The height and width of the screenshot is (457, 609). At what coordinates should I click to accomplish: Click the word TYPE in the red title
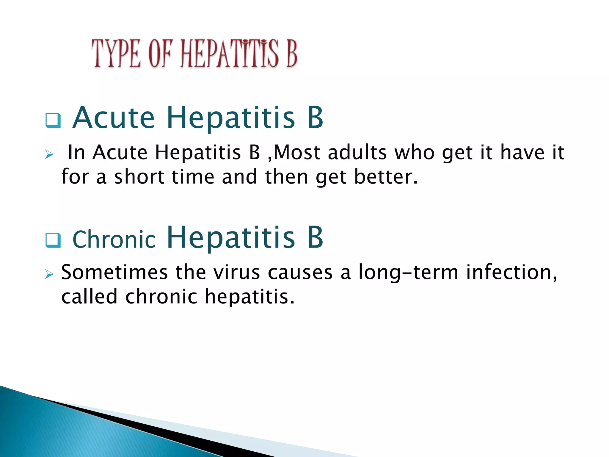(116, 54)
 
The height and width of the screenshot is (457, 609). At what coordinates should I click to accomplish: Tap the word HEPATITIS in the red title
(230, 54)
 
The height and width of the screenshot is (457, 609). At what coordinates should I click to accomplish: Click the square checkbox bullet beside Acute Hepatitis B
(53, 120)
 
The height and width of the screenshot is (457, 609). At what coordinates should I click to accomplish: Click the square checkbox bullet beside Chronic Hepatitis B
(53, 240)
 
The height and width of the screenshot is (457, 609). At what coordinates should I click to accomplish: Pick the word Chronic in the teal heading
(114, 240)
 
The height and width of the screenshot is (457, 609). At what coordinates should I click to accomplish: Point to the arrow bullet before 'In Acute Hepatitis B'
(49, 154)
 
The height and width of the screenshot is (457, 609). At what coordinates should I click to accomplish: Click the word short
(139, 177)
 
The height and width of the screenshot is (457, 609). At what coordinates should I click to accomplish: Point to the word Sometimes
(114, 272)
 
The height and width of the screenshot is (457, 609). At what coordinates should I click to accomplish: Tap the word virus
(236, 272)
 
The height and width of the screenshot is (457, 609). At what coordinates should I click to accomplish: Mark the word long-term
(408, 273)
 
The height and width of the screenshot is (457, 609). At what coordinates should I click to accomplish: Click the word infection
(511, 272)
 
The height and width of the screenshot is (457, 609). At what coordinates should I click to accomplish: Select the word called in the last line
(89, 297)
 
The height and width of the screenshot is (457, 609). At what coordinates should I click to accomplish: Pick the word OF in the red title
(160, 54)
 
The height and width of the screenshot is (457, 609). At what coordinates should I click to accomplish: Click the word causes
(300, 273)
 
